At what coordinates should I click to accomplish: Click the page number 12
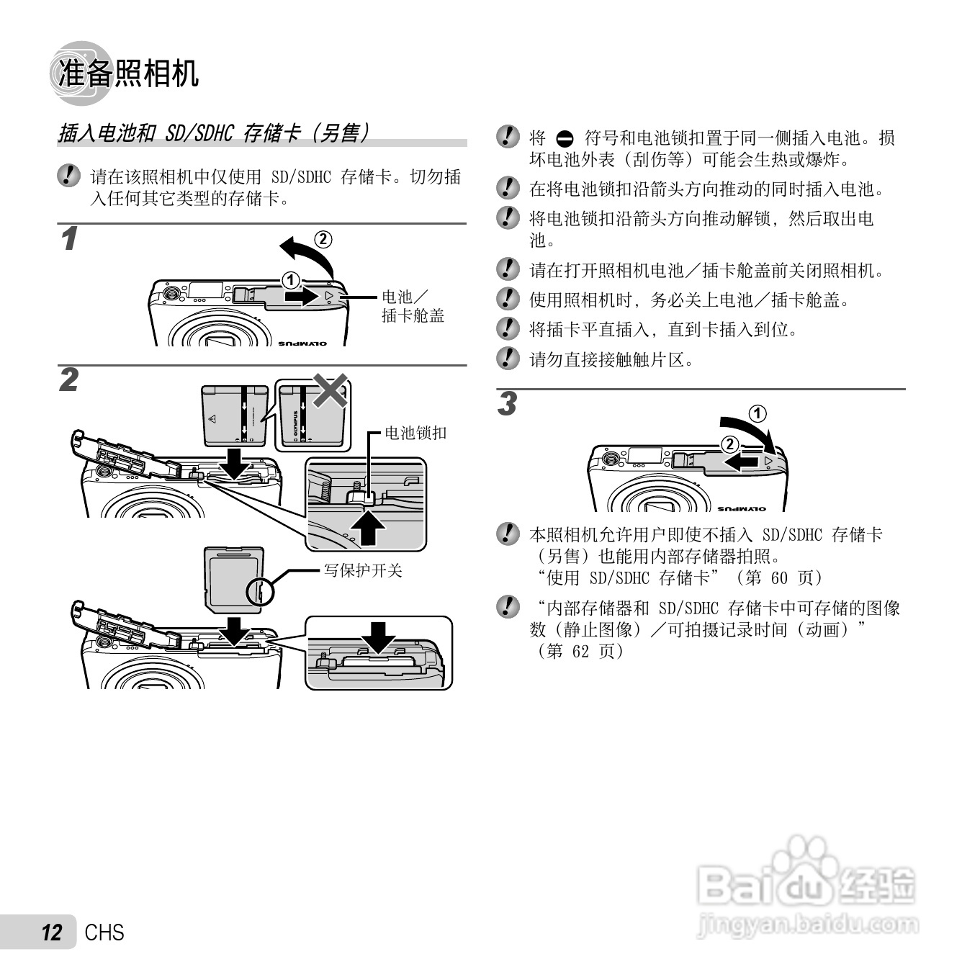click(x=52, y=932)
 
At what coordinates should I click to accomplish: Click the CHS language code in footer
click(x=104, y=932)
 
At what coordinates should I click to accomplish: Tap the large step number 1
click(x=69, y=240)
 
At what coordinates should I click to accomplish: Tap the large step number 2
click(x=69, y=380)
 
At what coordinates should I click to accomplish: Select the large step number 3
click(x=508, y=405)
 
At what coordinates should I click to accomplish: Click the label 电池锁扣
click(x=415, y=433)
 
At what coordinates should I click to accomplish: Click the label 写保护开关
click(x=362, y=571)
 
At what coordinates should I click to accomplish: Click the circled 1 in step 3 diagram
click(x=758, y=413)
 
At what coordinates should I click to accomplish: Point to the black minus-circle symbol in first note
click(x=565, y=139)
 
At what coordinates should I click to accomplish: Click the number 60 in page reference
click(x=779, y=577)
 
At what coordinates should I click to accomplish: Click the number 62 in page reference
click(x=580, y=651)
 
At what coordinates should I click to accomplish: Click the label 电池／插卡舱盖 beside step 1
click(x=412, y=306)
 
